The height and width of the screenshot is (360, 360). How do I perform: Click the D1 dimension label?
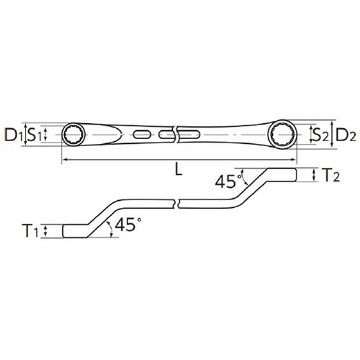click(12, 135)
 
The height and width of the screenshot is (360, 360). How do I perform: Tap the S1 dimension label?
click(34, 134)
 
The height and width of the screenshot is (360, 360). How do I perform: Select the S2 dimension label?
click(320, 134)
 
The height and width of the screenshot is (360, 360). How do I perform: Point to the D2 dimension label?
click(346, 134)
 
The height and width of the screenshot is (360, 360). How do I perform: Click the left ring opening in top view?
click(74, 134)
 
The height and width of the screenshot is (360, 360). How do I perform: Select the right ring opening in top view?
click(283, 134)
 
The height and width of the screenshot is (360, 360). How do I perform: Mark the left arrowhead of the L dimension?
click(66, 160)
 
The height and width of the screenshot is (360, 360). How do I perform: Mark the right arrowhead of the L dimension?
click(293, 160)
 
